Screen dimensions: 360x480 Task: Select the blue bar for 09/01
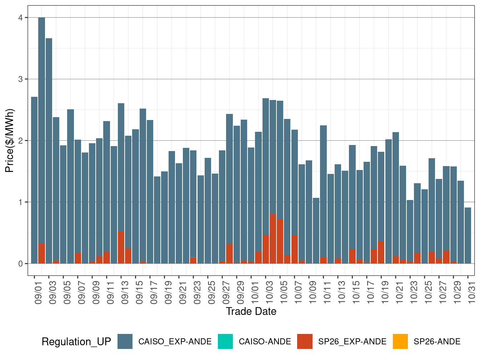[x=34, y=179]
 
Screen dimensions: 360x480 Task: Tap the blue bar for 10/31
[x=468, y=236]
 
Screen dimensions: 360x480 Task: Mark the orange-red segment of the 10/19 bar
[x=381, y=252]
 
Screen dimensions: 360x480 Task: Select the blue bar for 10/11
[x=324, y=189]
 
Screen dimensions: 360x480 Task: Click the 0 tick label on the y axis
[x=21, y=264]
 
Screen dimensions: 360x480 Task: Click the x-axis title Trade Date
[x=251, y=311]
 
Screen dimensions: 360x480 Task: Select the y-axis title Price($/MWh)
[x=10, y=140]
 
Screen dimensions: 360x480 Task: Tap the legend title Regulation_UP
[x=76, y=342]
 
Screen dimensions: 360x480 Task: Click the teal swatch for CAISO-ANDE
[x=225, y=341]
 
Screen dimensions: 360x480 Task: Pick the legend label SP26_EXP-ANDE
[x=352, y=342]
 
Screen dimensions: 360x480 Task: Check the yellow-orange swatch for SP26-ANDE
[x=400, y=341]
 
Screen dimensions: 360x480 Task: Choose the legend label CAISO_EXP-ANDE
[x=175, y=342]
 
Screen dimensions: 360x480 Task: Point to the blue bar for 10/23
[x=410, y=229]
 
